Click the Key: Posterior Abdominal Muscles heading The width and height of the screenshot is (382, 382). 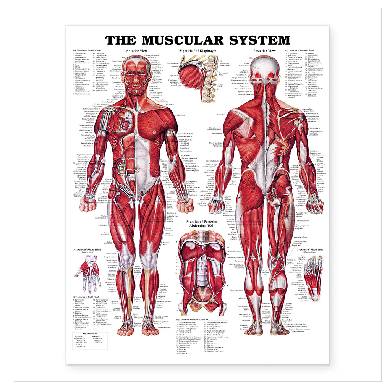(193, 320)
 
